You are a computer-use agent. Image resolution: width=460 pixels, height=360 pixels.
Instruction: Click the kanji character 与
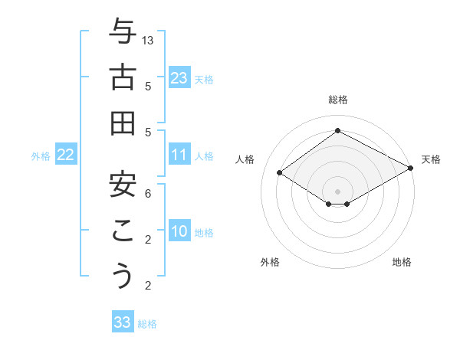[122, 32]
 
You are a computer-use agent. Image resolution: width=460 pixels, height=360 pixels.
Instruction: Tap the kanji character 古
[122, 78]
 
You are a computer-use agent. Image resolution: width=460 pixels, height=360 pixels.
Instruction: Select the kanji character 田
[122, 123]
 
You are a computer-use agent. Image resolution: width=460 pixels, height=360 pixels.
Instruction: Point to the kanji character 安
[122, 184]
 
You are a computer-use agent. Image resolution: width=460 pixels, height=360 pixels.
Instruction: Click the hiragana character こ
[122, 231]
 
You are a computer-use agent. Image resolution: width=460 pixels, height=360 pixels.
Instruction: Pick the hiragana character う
[122, 276]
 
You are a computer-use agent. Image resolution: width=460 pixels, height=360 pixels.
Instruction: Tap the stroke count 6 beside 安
[148, 194]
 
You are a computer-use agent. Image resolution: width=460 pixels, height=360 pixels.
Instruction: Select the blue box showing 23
[179, 77]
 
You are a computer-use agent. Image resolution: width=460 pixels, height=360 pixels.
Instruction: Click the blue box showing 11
[179, 155]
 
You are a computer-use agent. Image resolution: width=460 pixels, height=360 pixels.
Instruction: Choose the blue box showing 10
[179, 232]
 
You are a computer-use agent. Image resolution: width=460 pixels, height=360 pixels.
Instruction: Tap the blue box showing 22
[66, 155]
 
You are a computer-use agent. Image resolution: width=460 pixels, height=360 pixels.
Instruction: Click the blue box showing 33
[123, 322]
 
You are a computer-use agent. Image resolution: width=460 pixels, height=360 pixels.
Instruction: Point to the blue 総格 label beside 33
[147, 324]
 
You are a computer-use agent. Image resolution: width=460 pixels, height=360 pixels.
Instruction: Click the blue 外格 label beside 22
[41, 156]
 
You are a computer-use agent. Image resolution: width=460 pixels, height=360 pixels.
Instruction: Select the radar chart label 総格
[337, 100]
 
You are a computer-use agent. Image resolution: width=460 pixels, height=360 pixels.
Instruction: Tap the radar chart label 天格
[431, 159]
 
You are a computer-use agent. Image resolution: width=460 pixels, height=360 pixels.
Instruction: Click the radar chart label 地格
[402, 262]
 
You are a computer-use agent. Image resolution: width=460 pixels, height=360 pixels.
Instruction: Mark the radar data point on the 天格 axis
[411, 168]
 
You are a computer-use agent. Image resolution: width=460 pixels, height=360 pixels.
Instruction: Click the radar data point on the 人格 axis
[280, 172]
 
